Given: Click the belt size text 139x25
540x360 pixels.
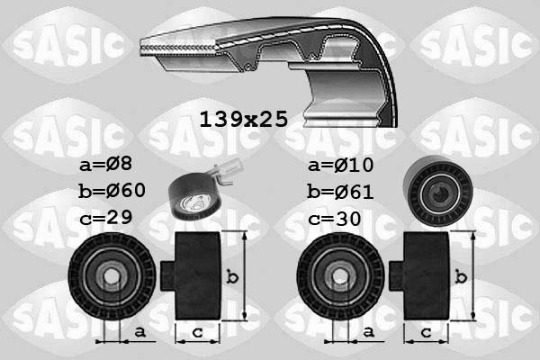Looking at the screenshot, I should pos(243,119).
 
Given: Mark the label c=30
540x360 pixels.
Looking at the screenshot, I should pos(334,217).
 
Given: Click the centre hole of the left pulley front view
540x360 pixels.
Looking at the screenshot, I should pos(112,276).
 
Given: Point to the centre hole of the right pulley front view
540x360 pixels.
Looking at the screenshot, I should pos(339,276).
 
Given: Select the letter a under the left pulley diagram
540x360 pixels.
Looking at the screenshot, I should pos(139,332).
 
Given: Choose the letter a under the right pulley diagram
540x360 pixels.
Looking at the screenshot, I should pos(368,332).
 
